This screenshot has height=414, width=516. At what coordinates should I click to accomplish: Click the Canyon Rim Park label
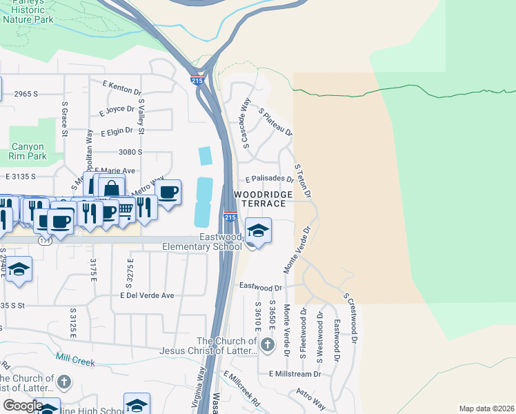click(x=28, y=151)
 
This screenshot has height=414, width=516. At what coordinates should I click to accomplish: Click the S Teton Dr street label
click(x=303, y=181)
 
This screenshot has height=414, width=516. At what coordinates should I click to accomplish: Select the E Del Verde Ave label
click(x=147, y=295)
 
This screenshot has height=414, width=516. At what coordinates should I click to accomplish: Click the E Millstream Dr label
click(x=295, y=374)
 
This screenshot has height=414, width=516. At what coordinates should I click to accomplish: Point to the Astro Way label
click(x=310, y=398)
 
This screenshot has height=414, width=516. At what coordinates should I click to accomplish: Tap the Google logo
click(x=23, y=406)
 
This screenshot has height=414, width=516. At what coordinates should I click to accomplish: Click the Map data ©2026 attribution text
click(x=486, y=408)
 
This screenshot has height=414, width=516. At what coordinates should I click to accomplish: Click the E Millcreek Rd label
click(x=242, y=391)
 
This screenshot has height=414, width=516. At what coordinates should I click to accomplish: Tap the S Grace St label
click(x=64, y=119)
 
